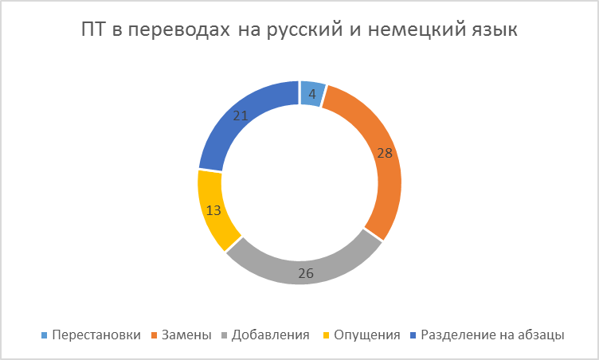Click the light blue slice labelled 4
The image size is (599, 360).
tap(313, 94)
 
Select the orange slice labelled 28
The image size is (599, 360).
tap(386, 161)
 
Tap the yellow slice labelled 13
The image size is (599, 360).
tap(213, 210)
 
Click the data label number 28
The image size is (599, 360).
tap(385, 153)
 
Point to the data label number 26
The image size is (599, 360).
tap(306, 273)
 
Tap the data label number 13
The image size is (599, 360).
tap(213, 210)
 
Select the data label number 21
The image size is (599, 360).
tap(241, 115)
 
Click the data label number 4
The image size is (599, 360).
tap(312, 94)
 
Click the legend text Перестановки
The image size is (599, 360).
tap(96, 335)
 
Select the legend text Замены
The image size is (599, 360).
tap(186, 335)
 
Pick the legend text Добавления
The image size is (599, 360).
tap(271, 335)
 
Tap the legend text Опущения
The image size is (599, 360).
tap(367, 335)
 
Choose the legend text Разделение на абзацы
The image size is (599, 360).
tap(492, 335)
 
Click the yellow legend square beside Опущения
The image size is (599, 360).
tap(326, 335)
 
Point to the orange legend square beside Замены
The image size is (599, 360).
tap(154, 335)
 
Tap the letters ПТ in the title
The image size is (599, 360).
tap(93, 29)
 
